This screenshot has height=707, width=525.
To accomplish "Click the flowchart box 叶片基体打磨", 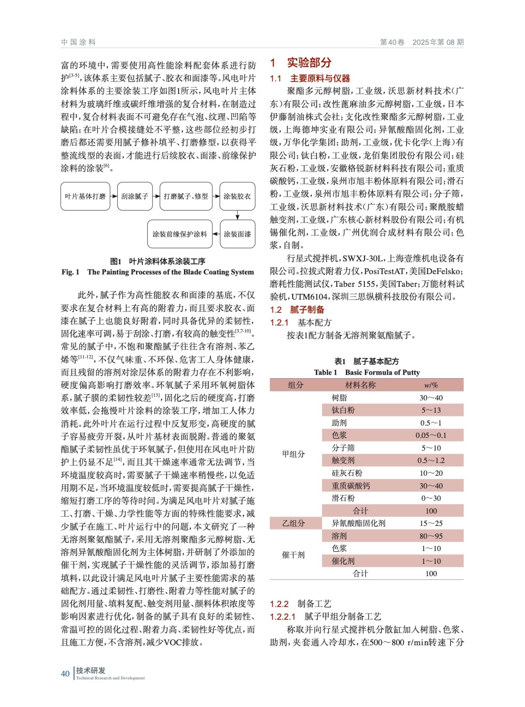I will point(85,196).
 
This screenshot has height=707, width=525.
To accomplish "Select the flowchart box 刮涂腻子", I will point(135,196).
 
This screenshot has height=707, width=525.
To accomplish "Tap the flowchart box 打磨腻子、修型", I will point(186,196).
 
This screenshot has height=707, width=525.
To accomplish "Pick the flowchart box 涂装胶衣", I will point(238,196).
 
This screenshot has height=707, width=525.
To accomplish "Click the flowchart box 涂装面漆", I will point(238,234).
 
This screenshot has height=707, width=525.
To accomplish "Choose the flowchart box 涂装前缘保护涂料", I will point(180,234).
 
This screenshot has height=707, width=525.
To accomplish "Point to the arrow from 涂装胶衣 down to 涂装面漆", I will point(238,215).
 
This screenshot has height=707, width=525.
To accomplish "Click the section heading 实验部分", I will point(309,63).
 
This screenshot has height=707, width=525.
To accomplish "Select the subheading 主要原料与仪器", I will point(320,79).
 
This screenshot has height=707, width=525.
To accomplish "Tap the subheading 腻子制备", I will point(307,310).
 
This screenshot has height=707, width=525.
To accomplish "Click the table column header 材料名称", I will point(360,385).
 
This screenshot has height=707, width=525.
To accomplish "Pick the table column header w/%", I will point(431,385).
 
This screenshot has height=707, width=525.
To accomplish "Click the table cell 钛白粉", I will point(343,410).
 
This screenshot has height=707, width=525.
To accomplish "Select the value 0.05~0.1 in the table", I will point(431,435).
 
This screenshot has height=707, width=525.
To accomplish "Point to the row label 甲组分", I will point(294,454).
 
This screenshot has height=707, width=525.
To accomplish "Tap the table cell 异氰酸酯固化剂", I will point(359,523).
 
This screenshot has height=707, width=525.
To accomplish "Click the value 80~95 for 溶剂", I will point(431,536).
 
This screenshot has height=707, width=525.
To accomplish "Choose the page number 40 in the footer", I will point(65,673).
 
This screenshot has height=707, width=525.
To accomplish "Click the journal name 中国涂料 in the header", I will point(78,42).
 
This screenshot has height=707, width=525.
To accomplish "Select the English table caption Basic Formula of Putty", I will point(382,373).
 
